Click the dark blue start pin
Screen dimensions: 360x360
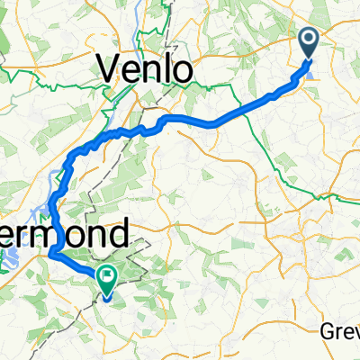point(308,43)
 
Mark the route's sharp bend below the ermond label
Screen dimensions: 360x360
point(52,256)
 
